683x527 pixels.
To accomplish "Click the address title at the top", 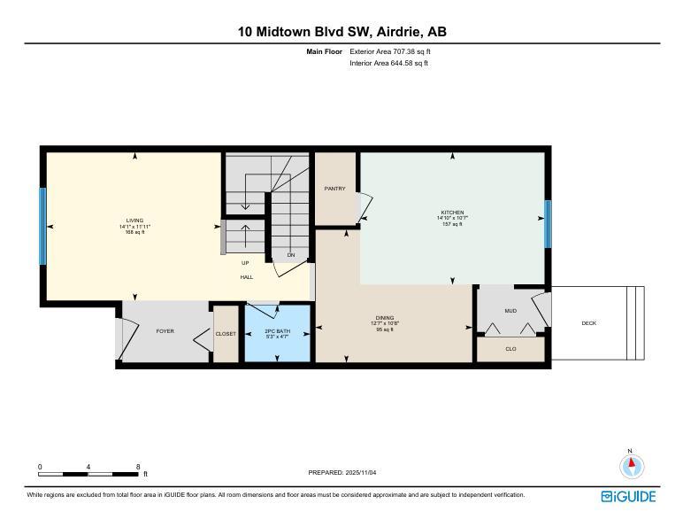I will point(341,32).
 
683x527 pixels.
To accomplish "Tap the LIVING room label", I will point(134,221).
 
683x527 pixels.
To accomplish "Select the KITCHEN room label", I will point(452,213).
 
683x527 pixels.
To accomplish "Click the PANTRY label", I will point(335,188).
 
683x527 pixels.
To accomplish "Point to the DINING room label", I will point(385,317).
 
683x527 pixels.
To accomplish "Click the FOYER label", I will point(165,331).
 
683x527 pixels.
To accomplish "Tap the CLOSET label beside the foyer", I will point(226,334).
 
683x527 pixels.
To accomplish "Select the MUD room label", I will point(510,311).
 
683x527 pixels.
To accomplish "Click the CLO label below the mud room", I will point(510,349).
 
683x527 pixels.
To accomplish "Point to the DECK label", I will point(588,323).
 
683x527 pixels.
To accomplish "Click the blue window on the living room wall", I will point(42,225).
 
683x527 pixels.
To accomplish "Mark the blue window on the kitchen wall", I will point(548,223).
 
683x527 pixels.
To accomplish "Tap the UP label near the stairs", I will point(245,263).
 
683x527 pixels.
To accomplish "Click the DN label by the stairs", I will point(290,255).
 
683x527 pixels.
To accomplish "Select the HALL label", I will point(247,277).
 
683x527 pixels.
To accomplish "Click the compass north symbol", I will point(631,465).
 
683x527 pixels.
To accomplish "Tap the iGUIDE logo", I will point(628,496).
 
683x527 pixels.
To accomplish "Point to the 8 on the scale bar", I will point(138,467).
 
